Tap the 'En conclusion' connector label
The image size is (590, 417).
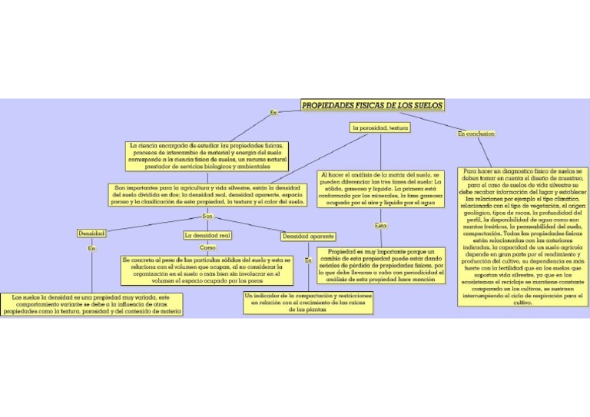476,134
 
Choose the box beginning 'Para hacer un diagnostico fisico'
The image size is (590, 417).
522,237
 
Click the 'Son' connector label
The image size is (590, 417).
207,217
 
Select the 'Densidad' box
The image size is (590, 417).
91,233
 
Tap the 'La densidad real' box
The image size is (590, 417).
207,235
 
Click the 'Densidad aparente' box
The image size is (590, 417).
307,237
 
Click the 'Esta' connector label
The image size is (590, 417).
381,226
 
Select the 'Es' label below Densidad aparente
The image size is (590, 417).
308,261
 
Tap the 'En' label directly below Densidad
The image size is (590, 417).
91,248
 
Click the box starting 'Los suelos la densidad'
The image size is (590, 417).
91,304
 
